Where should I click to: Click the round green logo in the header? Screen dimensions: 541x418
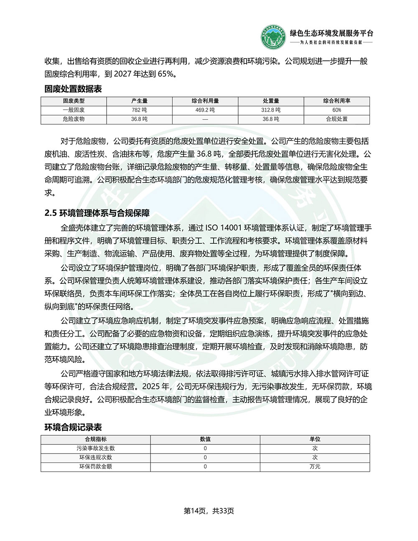tap(273, 37)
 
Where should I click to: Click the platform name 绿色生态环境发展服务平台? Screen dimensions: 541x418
tap(331, 33)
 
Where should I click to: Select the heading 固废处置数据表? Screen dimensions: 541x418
tap(73, 89)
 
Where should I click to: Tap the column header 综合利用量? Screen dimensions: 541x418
tap(205, 101)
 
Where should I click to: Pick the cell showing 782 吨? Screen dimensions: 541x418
tap(139, 110)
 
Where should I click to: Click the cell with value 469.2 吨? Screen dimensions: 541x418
tap(205, 110)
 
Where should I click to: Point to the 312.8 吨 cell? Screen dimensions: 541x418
tap(271, 110)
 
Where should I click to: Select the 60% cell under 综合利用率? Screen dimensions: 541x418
tap(337, 110)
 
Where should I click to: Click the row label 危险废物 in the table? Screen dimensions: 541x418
tap(74, 119)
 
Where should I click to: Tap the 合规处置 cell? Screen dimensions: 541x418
tap(337, 119)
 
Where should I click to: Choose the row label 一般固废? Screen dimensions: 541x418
tap(74, 110)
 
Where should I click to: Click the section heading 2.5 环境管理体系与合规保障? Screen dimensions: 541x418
tap(97, 213)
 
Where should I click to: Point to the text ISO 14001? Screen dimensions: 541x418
tap(224, 228)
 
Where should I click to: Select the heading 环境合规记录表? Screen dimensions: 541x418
tap(73, 427)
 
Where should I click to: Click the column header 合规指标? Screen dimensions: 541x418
tap(96, 439)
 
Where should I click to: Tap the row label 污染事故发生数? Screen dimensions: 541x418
tap(96, 448)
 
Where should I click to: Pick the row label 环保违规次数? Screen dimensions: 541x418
tap(96, 457)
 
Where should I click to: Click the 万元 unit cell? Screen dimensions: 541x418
tap(315, 467)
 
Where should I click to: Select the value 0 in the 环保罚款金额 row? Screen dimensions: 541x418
tap(205, 467)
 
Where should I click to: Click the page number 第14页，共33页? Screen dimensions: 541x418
tap(209, 511)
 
